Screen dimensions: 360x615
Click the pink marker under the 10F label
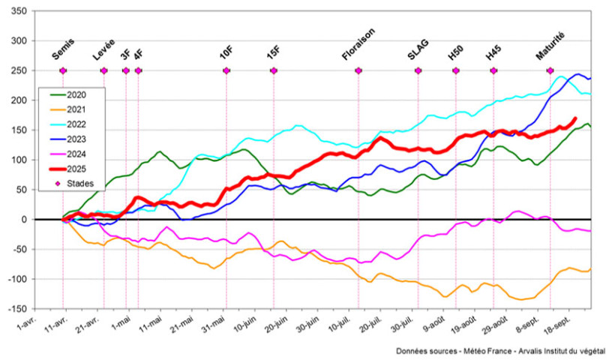pos(226,70)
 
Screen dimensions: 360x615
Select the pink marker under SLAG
pos(418,70)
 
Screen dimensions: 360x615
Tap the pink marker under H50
pos(455,70)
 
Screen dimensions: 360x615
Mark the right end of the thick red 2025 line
pos(574,118)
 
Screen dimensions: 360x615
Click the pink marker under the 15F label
pos(273,70)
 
